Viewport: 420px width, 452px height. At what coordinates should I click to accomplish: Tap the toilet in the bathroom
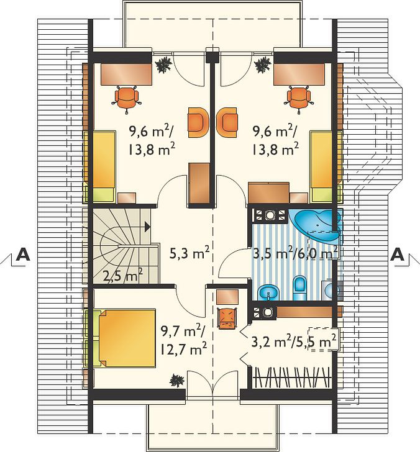(x=300, y=288)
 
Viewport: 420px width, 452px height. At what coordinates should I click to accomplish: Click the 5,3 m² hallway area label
(x=189, y=255)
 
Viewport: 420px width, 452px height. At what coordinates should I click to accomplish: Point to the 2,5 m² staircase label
(x=123, y=277)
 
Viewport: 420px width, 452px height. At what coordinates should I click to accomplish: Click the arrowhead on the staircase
(x=147, y=227)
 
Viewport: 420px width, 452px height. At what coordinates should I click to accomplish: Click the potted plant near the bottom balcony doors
(x=176, y=380)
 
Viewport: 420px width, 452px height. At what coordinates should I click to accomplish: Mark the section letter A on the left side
(x=23, y=255)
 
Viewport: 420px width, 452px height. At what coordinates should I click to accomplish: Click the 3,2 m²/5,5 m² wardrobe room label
(x=294, y=342)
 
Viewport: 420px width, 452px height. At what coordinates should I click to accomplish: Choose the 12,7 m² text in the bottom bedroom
(x=183, y=350)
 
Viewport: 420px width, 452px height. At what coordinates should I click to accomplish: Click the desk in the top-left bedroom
(x=126, y=74)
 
